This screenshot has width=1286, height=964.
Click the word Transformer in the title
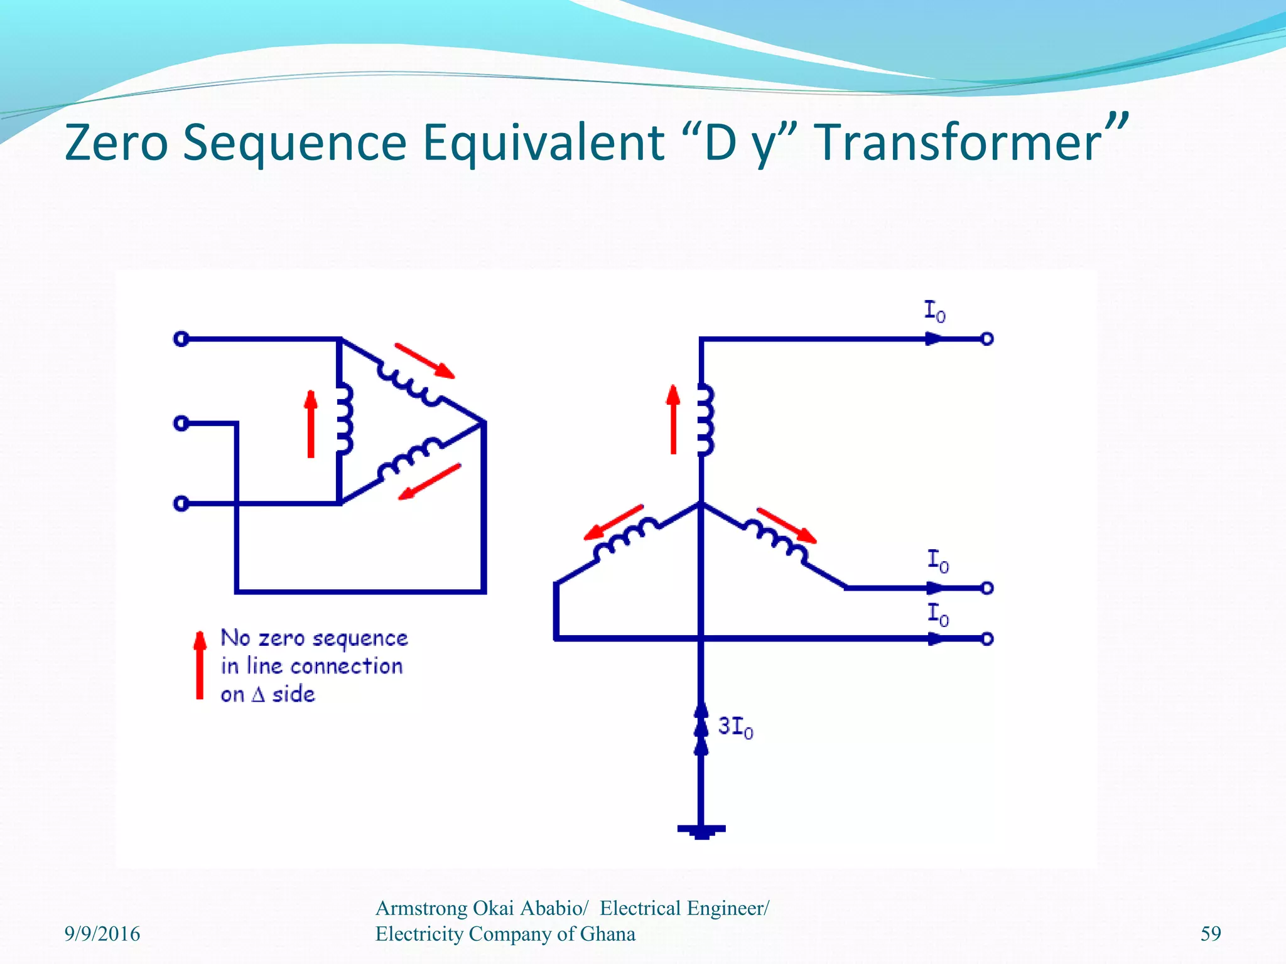pos(958,143)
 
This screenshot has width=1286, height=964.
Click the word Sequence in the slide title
pos(295,143)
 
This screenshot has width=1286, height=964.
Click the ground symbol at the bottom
pos(701,830)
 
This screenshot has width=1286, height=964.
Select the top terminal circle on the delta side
pos(181,340)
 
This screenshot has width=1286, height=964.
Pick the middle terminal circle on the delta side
pos(181,424)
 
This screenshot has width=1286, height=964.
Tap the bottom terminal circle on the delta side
pos(181,503)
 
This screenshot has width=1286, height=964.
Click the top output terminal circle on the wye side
pos(987,339)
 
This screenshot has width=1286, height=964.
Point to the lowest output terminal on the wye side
pos(987,639)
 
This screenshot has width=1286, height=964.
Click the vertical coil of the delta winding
pos(344,419)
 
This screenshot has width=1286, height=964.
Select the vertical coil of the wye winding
pos(706,419)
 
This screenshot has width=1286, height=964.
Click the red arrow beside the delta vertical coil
pos(311,424)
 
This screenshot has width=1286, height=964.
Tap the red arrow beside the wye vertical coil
pos(673,419)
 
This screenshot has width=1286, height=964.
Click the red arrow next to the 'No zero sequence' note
pos(200,665)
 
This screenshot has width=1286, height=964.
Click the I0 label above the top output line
pos(934,311)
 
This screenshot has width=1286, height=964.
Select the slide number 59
pos(1211,934)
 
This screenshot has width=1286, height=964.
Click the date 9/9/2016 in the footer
pos(102,934)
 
